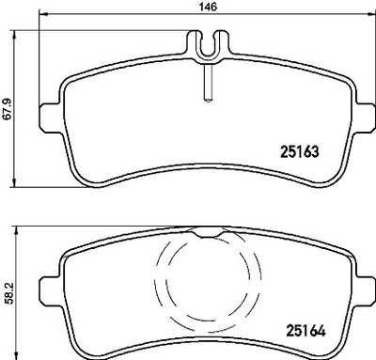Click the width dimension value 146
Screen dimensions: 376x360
click(209, 7)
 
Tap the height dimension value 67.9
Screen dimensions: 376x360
click(7, 109)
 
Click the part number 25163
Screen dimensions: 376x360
click(300, 152)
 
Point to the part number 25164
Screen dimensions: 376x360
click(305, 331)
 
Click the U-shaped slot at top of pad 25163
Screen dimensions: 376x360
click(209, 47)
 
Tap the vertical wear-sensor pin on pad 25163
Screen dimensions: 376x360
click(208, 82)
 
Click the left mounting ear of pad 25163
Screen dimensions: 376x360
click(50, 118)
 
